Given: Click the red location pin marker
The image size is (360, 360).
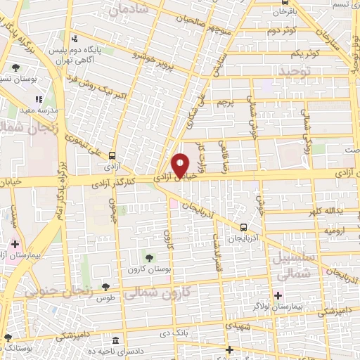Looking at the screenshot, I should pos(181,165).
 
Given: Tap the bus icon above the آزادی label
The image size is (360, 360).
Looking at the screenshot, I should pos(112,157).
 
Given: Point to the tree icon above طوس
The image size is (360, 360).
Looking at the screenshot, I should pos(105,287).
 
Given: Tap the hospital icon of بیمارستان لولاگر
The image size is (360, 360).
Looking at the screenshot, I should pos(278,295).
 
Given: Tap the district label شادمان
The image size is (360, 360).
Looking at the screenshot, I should pos(129,8).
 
